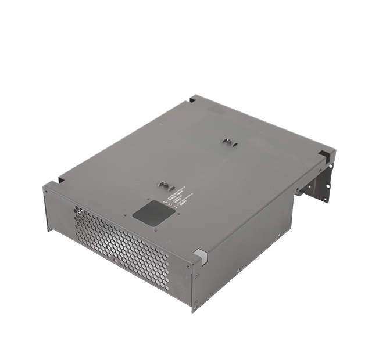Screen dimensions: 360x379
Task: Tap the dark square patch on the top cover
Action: tap(153, 213)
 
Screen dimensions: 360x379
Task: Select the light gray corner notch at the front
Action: tap(199, 255)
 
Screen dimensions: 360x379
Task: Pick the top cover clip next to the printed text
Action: tap(165, 186)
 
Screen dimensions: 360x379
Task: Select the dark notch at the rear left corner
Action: tap(192, 99)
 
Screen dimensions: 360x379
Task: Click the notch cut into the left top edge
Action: tap(60, 178)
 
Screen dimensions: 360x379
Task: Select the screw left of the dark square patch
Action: tap(124, 214)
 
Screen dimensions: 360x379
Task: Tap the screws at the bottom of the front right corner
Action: tap(196, 301)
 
